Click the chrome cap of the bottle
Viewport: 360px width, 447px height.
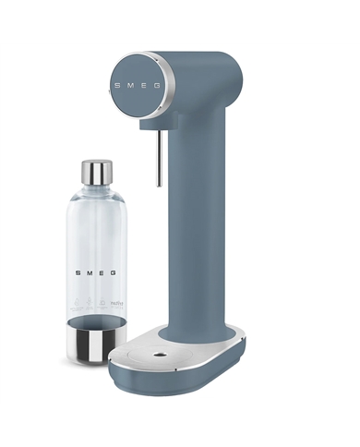click(x=96, y=173)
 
